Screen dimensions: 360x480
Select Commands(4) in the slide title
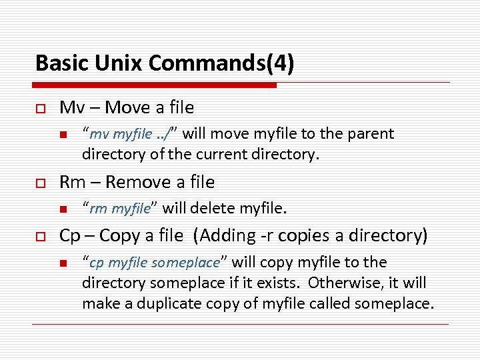221,63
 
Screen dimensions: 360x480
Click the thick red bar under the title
155,85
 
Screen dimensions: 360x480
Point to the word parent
371,134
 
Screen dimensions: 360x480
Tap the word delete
213,209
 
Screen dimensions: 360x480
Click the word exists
279,283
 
